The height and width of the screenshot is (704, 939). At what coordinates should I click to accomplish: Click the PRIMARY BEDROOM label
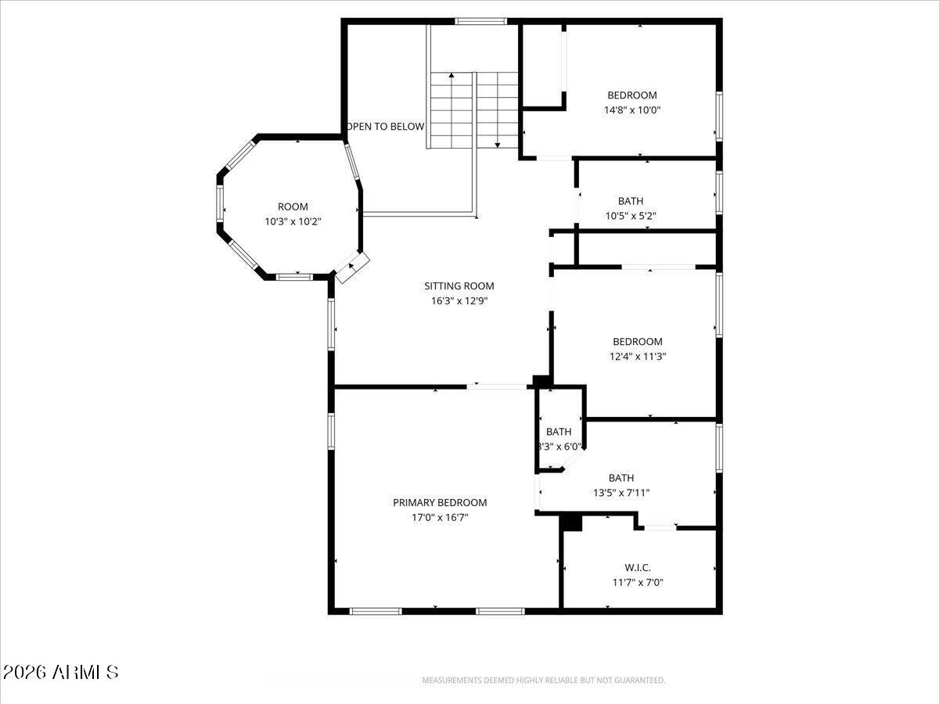click(440, 502)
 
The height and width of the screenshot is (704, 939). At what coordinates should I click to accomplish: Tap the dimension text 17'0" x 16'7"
click(440, 517)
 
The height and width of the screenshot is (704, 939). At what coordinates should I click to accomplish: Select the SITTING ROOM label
click(459, 286)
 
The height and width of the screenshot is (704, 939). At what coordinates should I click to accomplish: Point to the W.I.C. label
click(638, 567)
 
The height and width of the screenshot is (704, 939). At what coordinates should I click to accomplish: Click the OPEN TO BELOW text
click(386, 126)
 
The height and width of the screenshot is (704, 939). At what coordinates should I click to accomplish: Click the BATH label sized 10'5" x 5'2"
click(631, 201)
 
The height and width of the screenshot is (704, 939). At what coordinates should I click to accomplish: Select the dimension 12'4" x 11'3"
click(638, 356)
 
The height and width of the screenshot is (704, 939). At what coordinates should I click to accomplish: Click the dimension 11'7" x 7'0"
click(638, 582)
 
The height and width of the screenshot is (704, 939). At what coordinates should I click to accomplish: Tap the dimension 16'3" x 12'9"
click(459, 301)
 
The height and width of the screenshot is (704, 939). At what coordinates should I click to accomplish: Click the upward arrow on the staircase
click(452, 77)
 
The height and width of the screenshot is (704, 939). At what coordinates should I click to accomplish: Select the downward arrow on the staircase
click(497, 144)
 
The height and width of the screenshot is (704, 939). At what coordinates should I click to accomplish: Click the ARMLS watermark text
click(61, 672)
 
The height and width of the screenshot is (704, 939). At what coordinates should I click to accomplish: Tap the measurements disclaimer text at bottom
click(544, 681)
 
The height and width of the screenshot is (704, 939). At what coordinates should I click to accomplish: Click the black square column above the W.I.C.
click(573, 523)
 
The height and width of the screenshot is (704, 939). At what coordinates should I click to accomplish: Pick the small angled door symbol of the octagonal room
click(352, 268)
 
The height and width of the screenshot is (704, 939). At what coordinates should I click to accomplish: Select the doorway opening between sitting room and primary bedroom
click(498, 386)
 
